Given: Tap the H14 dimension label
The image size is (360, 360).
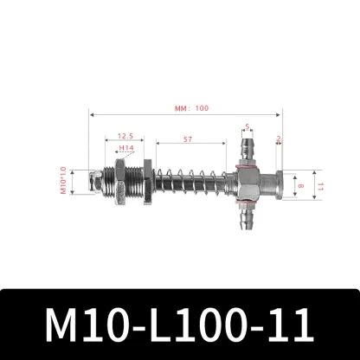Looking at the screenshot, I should [x=125, y=148].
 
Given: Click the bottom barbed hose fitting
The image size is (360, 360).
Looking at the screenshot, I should [x=246, y=221].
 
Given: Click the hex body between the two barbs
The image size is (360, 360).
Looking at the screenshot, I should [x=244, y=183].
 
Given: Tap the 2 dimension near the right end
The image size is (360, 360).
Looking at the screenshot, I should [x=279, y=138].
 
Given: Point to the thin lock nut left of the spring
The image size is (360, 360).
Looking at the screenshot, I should [x=147, y=183].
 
